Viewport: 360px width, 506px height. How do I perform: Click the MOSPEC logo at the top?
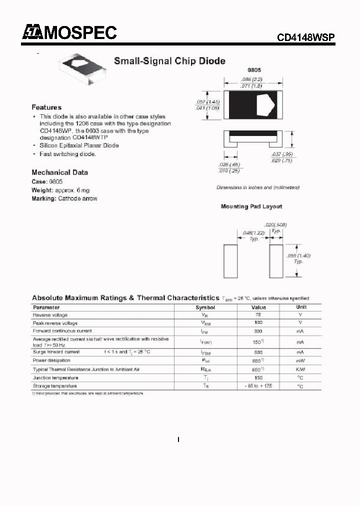[69, 32]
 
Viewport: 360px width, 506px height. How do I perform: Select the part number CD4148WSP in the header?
[305, 38]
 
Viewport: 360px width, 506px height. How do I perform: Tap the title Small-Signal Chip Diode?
[169, 61]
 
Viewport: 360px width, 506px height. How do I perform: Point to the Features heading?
[46, 107]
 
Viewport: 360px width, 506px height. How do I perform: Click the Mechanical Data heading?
[59, 172]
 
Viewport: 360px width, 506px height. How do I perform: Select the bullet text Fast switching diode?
[67, 154]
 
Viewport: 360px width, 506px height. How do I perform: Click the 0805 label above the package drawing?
[254, 70]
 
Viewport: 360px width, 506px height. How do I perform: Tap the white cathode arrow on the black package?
[265, 105]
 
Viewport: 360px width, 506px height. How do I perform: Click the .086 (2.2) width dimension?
[252, 79]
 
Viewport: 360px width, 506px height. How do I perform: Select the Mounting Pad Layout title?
[251, 206]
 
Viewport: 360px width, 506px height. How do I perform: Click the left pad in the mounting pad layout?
[230, 260]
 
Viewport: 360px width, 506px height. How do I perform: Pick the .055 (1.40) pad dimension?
[298, 255]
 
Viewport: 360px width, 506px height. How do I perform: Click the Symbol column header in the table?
[205, 307]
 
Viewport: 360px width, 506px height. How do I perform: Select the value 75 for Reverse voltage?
[258, 315]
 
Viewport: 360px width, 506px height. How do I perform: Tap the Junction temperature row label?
[55, 377]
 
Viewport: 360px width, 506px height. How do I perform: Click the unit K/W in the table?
[300, 369]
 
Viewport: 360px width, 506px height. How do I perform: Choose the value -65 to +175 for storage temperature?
[258, 386]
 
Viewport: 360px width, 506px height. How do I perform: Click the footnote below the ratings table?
[87, 394]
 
